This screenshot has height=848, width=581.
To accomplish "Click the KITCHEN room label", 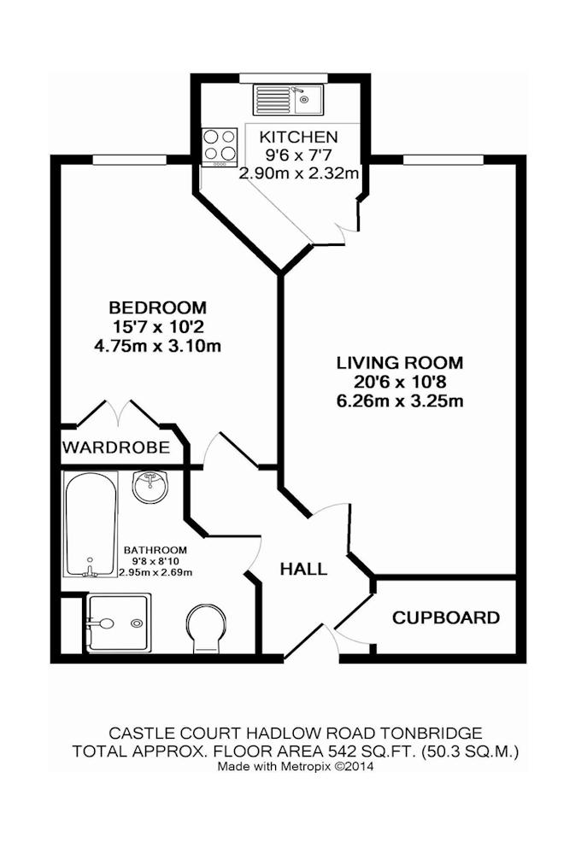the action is (298, 137).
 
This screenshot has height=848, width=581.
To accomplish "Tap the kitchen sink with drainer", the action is (288, 100).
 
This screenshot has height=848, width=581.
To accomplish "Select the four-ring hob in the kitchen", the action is (220, 147).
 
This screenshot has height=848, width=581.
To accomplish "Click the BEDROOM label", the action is (158, 307).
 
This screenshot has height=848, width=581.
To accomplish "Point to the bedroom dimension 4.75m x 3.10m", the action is (158, 346).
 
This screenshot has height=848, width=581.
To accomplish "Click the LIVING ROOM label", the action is (401, 362).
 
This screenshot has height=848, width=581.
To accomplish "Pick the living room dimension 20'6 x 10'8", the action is (401, 382).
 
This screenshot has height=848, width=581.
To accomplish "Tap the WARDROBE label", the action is (116, 447).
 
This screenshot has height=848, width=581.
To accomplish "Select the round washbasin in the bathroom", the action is (151, 486).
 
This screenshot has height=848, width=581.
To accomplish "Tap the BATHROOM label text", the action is (156, 550).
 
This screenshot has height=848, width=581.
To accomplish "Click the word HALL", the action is (304, 569).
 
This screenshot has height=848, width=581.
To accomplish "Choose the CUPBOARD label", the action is (446, 617).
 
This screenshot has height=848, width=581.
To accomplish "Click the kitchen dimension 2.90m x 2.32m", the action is (299, 173).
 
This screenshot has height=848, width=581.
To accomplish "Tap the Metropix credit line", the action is (296, 766).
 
